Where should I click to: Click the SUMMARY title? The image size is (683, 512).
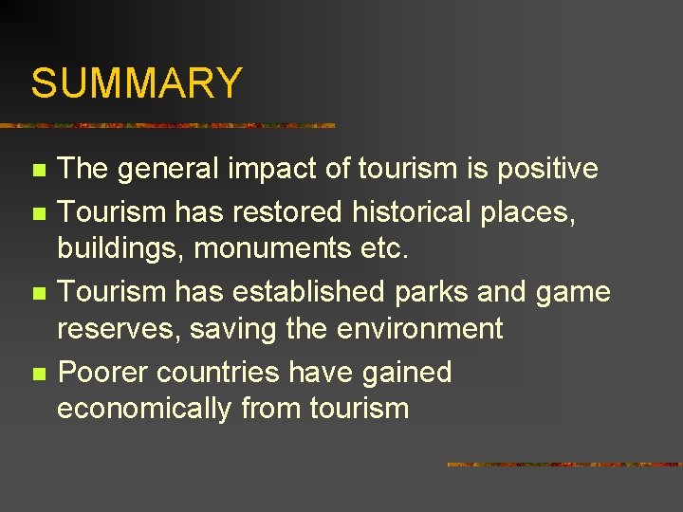click(x=137, y=83)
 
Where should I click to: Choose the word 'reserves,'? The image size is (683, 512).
click(x=120, y=330)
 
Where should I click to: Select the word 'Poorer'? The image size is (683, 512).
click(x=102, y=371)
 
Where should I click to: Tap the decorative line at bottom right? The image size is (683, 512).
click(x=564, y=465)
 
